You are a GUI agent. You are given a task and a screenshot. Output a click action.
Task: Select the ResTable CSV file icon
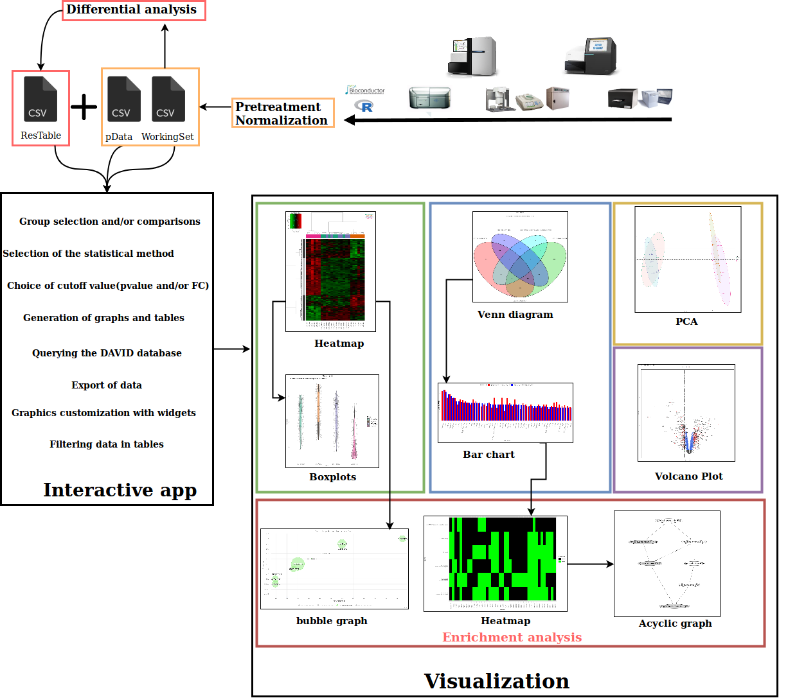click(40, 99)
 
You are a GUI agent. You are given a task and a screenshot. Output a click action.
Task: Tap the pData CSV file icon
click(123, 99)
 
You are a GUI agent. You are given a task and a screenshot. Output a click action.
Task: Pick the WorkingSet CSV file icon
click(168, 99)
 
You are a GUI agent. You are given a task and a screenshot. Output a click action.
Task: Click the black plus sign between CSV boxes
click(84, 107)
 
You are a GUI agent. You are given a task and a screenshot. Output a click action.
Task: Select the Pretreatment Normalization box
click(282, 113)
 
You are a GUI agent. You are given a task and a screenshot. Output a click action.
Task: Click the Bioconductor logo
click(365, 91)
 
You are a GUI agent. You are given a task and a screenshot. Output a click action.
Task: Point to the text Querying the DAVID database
click(107, 353)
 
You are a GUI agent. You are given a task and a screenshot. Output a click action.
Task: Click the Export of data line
click(107, 385)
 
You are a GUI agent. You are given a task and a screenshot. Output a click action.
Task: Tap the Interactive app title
click(120, 491)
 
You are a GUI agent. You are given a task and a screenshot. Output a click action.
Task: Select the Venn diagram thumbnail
click(520, 257)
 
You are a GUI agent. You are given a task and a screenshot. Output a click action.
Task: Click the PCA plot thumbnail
click(688, 259)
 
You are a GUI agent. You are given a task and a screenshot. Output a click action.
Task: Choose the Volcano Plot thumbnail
click(686, 413)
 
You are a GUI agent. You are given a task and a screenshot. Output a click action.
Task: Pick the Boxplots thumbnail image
click(332, 421)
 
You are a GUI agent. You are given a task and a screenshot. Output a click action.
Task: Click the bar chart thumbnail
click(505, 413)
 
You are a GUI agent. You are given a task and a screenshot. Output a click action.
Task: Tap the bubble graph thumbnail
click(334, 569)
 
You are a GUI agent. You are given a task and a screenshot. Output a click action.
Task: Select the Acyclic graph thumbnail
click(667, 564)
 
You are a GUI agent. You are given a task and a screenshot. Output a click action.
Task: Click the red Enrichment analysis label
click(512, 638)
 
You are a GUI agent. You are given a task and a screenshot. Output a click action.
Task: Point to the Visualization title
click(496, 681)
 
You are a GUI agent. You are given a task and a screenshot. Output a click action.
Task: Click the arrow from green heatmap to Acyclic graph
click(590, 564)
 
